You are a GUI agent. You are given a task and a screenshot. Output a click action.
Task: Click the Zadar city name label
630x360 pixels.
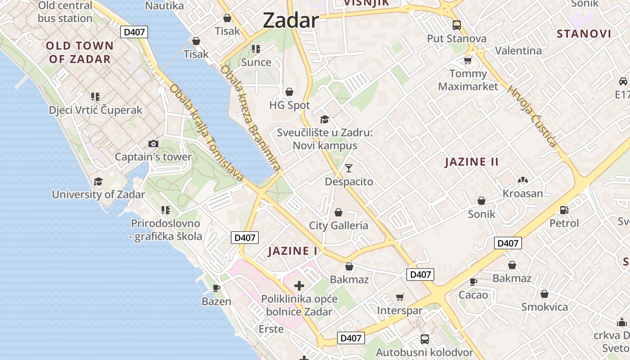290,20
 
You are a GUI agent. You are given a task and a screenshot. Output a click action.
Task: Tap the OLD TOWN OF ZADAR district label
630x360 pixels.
80,52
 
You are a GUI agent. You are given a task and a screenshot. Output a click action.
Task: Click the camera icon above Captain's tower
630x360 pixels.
153,144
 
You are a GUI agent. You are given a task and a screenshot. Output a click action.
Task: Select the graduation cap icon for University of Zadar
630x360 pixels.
98,182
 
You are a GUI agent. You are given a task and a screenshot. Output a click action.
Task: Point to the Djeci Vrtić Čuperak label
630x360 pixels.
95,110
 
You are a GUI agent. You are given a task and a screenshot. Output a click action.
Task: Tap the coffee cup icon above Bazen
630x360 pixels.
216,288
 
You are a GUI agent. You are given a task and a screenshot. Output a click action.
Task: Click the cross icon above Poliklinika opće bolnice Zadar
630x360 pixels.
299,285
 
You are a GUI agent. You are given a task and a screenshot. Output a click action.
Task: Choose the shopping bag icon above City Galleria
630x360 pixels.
338,212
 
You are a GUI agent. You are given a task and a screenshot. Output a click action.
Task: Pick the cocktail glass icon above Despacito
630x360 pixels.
349,168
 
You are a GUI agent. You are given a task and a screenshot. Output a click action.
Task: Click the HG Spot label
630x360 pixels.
289,105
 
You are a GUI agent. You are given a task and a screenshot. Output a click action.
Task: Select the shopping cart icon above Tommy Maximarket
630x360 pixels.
468,60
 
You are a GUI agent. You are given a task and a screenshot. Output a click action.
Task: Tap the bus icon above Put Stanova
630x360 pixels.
457,25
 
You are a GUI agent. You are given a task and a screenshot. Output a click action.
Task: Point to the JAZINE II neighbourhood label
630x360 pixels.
472,162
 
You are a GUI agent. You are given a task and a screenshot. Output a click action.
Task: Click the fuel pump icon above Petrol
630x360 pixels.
564,210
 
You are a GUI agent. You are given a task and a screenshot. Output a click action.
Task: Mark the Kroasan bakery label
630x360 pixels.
522,193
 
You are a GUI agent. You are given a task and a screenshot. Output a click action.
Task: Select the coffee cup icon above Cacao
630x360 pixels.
473,282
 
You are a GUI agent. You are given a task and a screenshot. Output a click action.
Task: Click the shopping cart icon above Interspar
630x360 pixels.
400,297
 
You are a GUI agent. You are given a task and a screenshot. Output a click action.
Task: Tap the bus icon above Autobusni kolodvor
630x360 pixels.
424,339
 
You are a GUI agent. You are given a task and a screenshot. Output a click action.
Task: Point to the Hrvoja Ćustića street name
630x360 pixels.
532,116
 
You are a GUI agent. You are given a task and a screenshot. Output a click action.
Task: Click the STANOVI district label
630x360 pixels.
584,34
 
